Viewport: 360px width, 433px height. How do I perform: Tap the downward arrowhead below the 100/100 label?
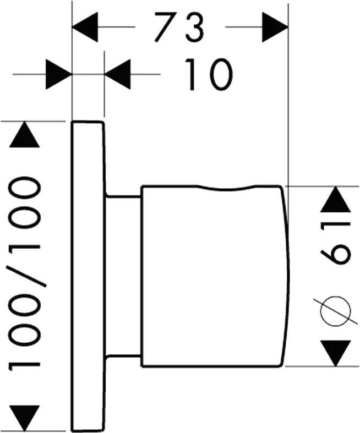25,417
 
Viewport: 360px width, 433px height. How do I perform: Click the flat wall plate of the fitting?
88,275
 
